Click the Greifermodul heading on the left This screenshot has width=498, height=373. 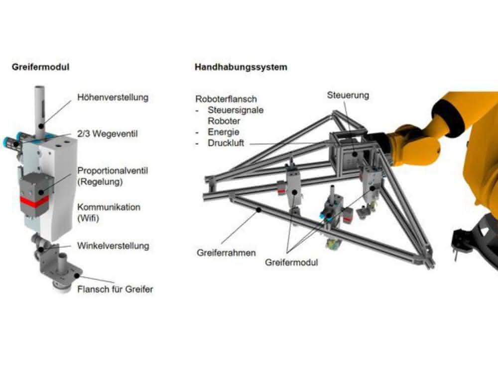click(x=40, y=67)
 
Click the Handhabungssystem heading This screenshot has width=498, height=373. click(x=241, y=67)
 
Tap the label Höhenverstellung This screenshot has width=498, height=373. click(x=113, y=97)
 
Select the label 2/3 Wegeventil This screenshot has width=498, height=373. click(x=108, y=133)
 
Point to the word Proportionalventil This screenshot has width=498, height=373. click(x=113, y=171)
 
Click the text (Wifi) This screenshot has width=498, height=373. click(x=88, y=218)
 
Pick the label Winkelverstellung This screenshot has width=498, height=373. click(x=114, y=246)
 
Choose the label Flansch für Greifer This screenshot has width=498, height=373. click(x=116, y=289)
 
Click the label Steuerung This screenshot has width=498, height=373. click(x=348, y=95)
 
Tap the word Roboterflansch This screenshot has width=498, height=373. click(x=226, y=99)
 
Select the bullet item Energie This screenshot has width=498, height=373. click(x=223, y=132)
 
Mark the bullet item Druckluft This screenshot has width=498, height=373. click(x=226, y=143)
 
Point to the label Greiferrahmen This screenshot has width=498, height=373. click(x=226, y=253)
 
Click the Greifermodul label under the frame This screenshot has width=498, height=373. click(x=291, y=262)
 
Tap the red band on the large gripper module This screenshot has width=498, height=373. click(x=34, y=201)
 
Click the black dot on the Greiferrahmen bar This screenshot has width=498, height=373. click(x=259, y=209)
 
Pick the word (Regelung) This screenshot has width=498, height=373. click(x=100, y=182)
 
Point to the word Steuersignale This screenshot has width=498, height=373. click(x=236, y=110)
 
